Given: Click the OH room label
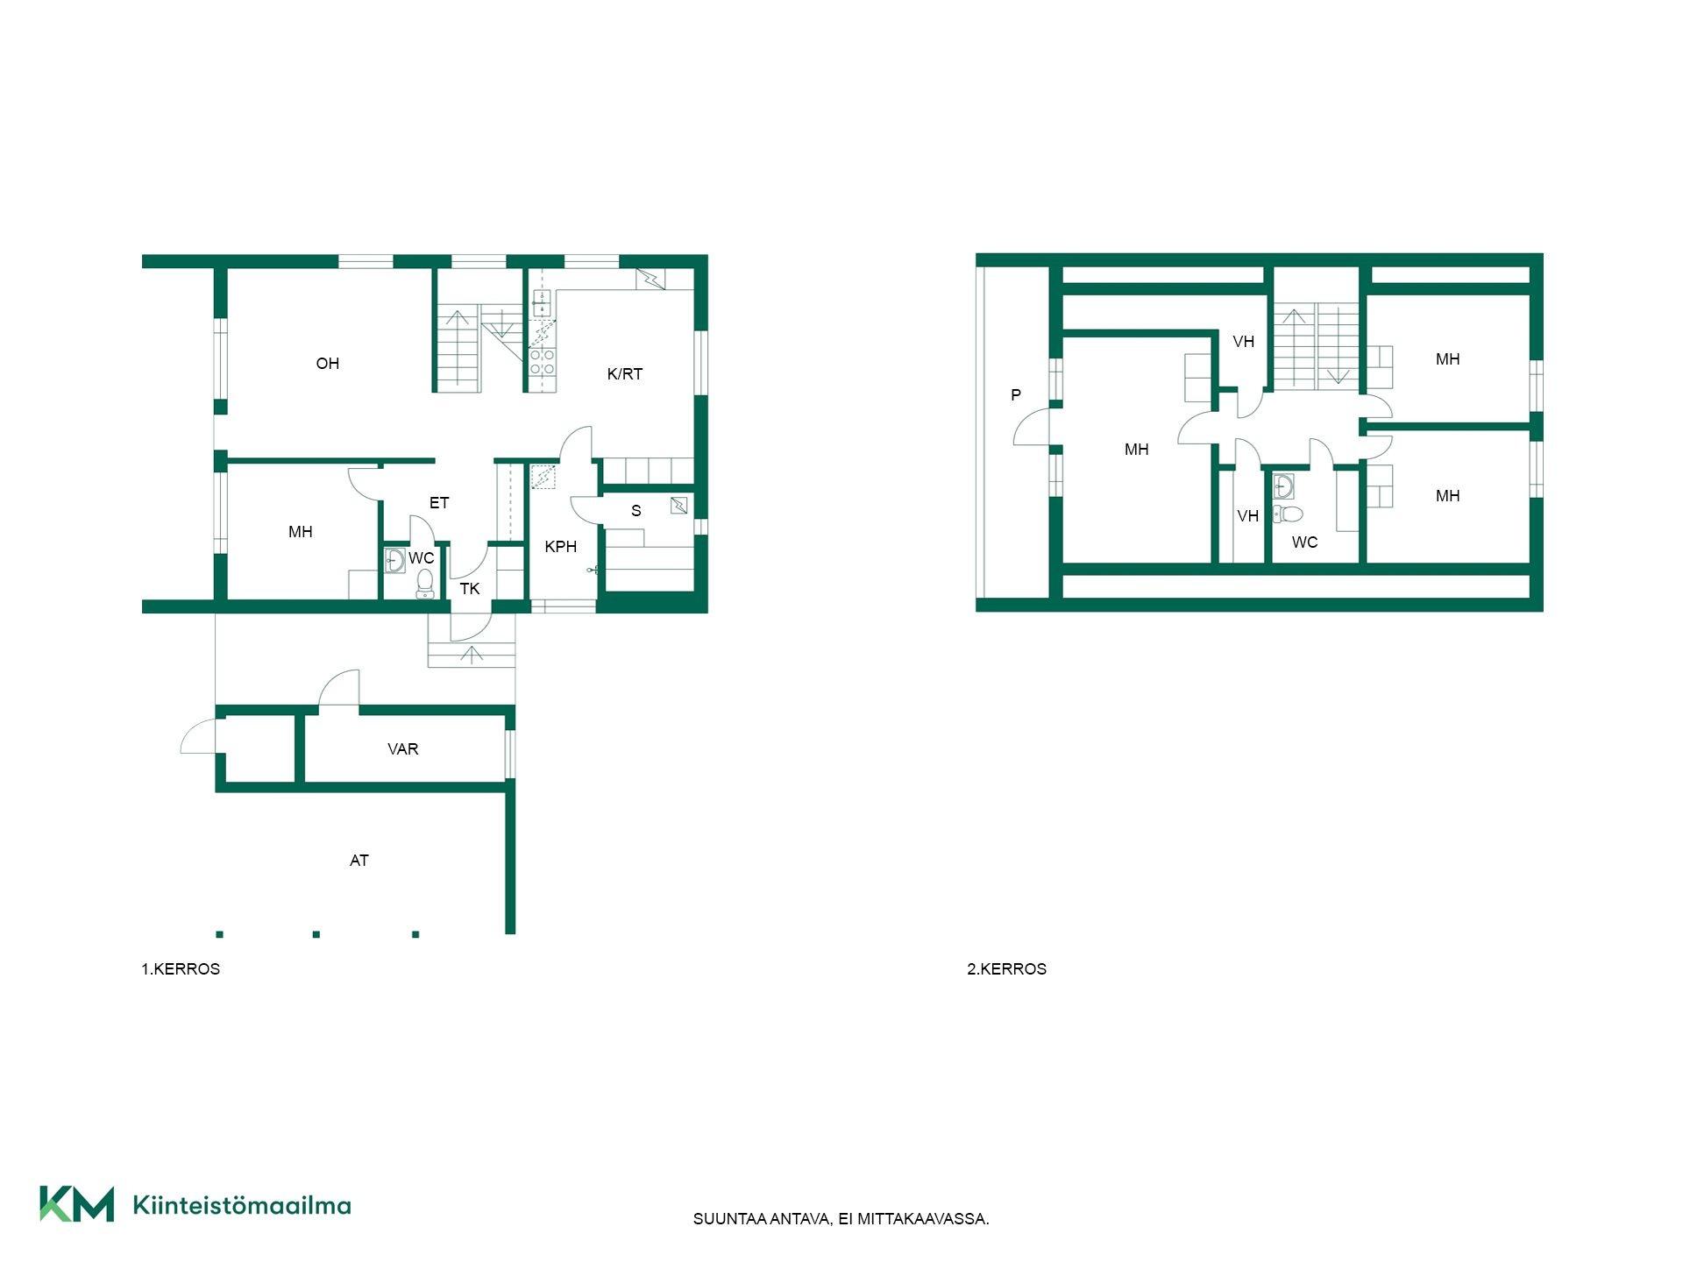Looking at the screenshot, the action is pyautogui.click(x=327, y=364).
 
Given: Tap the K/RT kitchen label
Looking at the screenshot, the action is pyautogui.click(x=625, y=374).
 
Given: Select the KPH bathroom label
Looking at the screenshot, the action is pyautogui.click(x=561, y=547).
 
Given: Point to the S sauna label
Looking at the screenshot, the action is pyautogui.click(x=636, y=511).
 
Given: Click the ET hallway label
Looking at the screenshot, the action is pyautogui.click(x=439, y=503).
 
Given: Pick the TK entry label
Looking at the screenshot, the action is pyautogui.click(x=470, y=589).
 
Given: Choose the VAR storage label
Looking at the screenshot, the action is pyautogui.click(x=403, y=749).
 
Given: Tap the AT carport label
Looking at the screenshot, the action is pyautogui.click(x=359, y=861).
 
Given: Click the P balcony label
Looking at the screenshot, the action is pyautogui.click(x=1016, y=395).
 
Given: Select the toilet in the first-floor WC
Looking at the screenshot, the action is pyautogui.click(x=425, y=583).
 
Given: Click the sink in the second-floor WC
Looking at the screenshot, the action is pyautogui.click(x=1283, y=486).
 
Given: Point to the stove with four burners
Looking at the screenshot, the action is pyautogui.click(x=542, y=362).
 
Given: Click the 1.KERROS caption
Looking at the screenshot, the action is pyautogui.click(x=181, y=969).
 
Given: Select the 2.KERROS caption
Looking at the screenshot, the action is pyautogui.click(x=1006, y=969).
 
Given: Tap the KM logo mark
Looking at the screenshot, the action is pyautogui.click(x=77, y=1204).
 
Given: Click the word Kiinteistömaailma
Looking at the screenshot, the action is pyautogui.click(x=242, y=1205).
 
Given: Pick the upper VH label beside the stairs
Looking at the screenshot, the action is pyautogui.click(x=1244, y=342).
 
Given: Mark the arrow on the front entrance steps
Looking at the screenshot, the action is pyautogui.click(x=472, y=654).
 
